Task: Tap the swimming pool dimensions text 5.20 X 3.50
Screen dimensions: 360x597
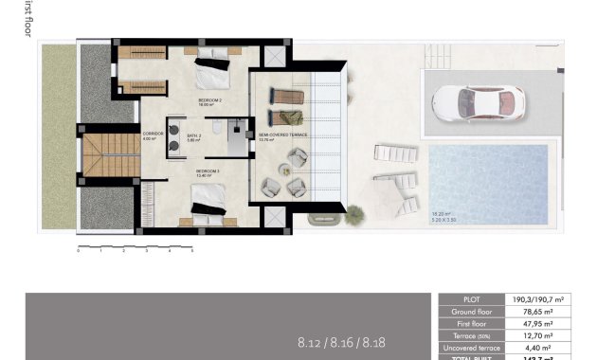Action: [x=443, y=220]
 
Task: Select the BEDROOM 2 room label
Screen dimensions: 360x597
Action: [x=209, y=99]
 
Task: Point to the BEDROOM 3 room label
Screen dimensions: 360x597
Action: [x=208, y=171]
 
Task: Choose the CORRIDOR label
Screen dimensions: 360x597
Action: [x=154, y=135]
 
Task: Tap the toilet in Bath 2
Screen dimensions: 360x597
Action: [x=217, y=126]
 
